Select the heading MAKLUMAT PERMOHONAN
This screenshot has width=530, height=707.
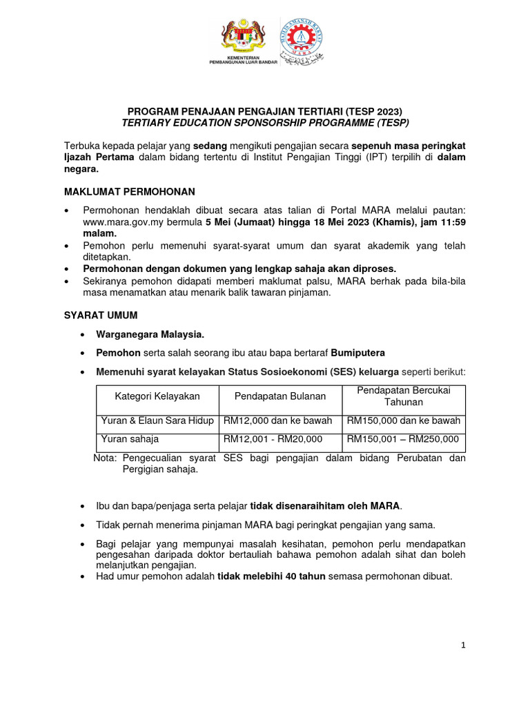click(x=130, y=191)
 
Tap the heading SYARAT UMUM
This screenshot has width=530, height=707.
click(x=101, y=315)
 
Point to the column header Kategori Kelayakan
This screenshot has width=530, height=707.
click(x=157, y=396)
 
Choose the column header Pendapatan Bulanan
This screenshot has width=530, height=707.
click(x=279, y=396)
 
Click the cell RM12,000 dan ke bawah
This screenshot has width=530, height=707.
click(x=277, y=420)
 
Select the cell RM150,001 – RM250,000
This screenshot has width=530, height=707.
click(x=402, y=438)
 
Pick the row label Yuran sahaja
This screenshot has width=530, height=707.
click(x=130, y=438)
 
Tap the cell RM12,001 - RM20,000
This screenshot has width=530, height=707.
click(x=273, y=438)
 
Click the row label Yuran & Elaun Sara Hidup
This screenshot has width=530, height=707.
click(x=157, y=420)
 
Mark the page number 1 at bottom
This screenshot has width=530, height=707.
click(x=464, y=645)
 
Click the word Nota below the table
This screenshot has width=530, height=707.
click(x=104, y=458)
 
